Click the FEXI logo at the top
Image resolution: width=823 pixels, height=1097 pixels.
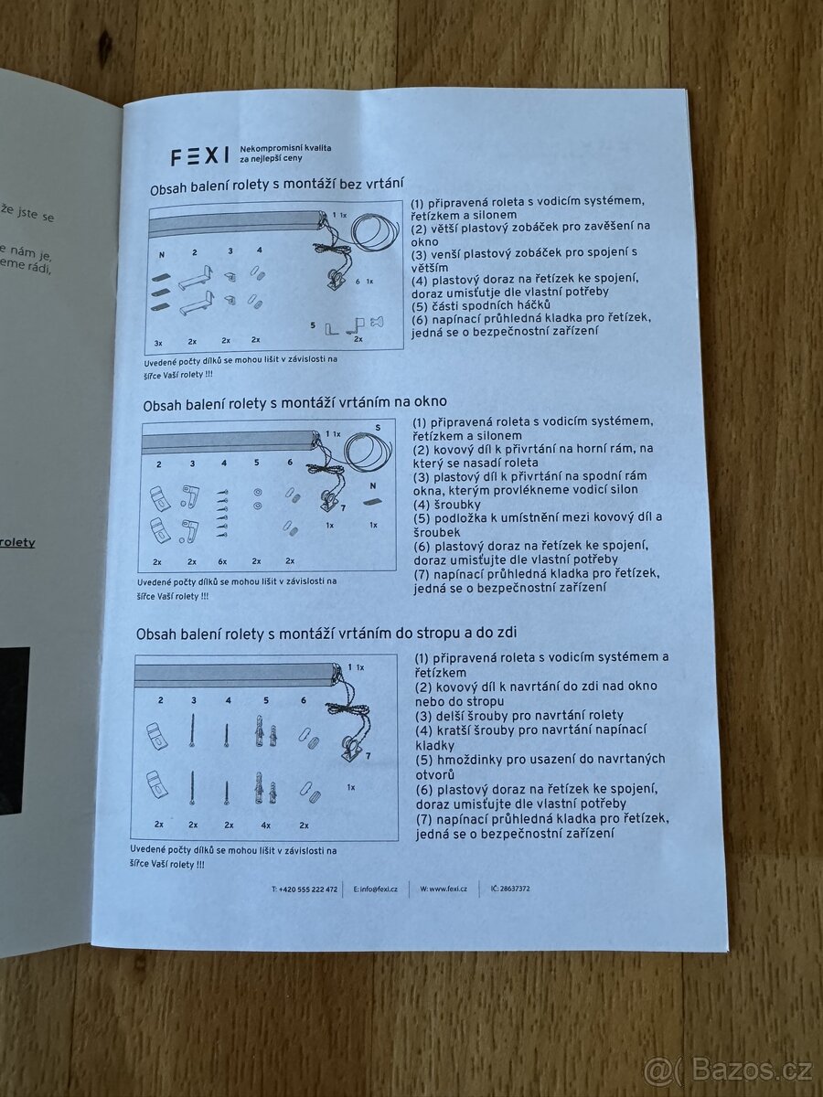[x=199, y=156]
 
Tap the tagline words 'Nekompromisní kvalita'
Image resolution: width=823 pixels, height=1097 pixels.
[x=284, y=148]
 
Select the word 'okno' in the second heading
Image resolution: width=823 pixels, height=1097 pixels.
[x=428, y=402]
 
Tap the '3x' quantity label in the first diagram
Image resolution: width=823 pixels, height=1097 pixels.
[x=158, y=342]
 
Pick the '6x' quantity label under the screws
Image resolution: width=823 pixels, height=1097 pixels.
[x=223, y=561]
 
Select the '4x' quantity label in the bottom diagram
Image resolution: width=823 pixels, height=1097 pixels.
[x=266, y=824]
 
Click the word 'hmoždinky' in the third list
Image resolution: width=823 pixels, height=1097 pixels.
[x=470, y=759]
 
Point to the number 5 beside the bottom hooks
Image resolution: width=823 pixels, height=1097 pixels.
[x=313, y=324]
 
